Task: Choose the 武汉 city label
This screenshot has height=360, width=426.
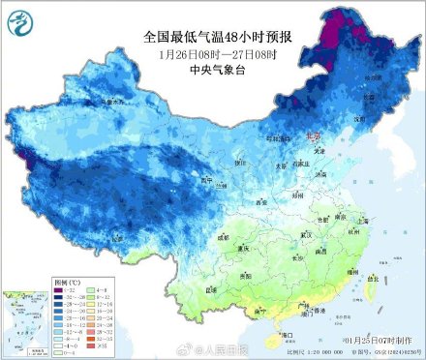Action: click(308, 235)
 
